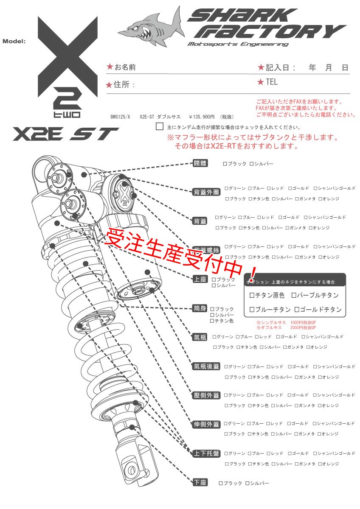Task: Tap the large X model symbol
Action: pos(67,53)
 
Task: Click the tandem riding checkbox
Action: pos(160,126)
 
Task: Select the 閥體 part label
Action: pos(200,163)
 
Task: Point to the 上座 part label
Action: pos(200,279)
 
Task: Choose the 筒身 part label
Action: pos(200,308)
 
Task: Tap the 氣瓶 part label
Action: pos(200,337)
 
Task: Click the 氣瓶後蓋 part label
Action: pos(206,366)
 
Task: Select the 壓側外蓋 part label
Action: pos(206,395)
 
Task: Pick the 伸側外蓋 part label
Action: pos(206,424)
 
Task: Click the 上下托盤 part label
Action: pos(206,453)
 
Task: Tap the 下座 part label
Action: pos(200,483)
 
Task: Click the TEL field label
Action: pos(271,82)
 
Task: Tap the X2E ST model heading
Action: pos(65,134)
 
